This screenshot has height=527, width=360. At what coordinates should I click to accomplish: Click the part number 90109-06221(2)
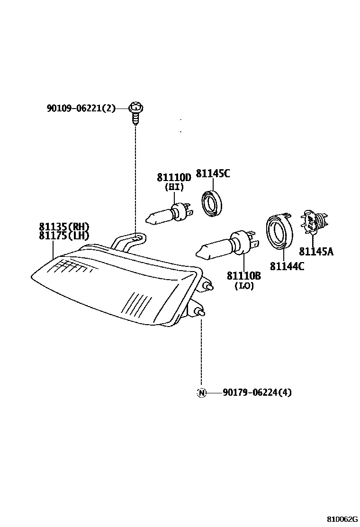click(81, 109)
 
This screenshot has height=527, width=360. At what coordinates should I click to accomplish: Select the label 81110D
click(174, 178)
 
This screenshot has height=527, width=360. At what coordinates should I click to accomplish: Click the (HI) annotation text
click(174, 187)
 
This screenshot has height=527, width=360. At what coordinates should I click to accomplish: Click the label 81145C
click(213, 173)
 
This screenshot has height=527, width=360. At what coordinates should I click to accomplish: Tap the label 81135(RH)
click(64, 227)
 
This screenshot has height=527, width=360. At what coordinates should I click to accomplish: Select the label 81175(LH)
click(64, 236)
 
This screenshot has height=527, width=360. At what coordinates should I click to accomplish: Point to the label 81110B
click(243, 276)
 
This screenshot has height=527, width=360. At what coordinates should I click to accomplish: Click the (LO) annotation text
click(244, 286)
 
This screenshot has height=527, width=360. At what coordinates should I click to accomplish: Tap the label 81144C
click(287, 266)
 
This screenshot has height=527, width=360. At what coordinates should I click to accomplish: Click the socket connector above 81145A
click(313, 223)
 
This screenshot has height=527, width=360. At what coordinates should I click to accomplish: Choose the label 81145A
click(316, 252)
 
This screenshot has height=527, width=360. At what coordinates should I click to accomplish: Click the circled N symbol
click(201, 392)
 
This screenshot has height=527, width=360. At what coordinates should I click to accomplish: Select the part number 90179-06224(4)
click(257, 392)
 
